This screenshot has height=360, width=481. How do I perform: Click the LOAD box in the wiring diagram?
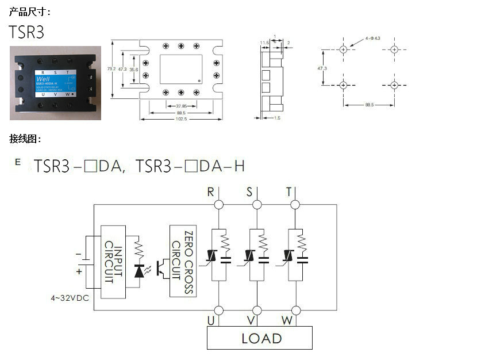pyautogui.click(x=260, y=338)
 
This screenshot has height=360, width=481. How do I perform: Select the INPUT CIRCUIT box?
pyautogui.click(x=113, y=262)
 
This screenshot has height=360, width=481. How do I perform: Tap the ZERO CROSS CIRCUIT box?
pyautogui.click(x=183, y=261)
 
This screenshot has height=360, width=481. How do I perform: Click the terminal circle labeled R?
pyautogui.click(x=218, y=205)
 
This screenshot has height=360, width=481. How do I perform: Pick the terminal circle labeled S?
pyautogui.click(x=257, y=205)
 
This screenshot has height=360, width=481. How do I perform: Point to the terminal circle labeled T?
pyautogui.click(x=295, y=205)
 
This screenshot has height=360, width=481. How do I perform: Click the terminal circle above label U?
pyautogui.click(x=218, y=311)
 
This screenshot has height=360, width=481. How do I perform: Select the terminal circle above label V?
pyautogui.click(x=257, y=311)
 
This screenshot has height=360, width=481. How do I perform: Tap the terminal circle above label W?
pyautogui.click(x=295, y=311)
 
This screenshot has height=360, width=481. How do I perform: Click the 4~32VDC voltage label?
pyautogui.click(x=70, y=298)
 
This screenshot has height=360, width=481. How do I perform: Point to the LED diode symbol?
pyautogui.click(x=138, y=270)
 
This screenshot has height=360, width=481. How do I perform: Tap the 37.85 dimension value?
pyautogui.click(x=182, y=106)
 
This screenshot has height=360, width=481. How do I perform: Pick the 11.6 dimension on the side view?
pyautogui.click(x=264, y=43)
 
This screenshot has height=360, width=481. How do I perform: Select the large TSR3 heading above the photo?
pyautogui.click(x=26, y=32)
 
